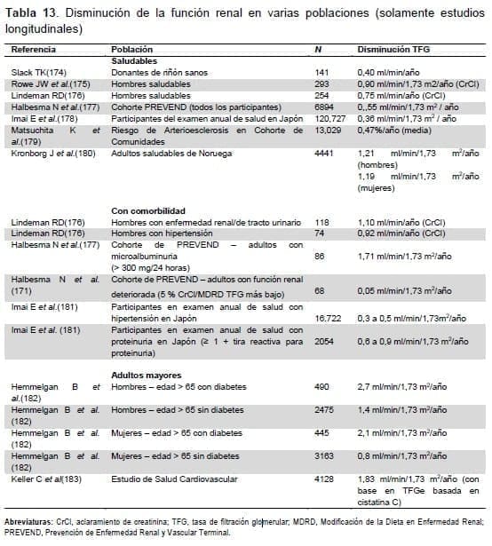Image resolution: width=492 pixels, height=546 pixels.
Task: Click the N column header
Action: pyautogui.click(x=319, y=51)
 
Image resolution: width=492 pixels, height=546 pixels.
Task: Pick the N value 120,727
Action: pyautogui.click(x=330, y=116)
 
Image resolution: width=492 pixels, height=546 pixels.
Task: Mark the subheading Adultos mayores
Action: pyautogui.click(x=147, y=376)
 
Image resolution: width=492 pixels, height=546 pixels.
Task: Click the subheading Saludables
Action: pyautogui.click(x=135, y=60)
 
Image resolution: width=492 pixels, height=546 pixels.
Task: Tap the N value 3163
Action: pyautogui.click(x=326, y=456)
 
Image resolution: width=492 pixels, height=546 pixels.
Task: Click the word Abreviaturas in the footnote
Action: pyautogui.click(x=30, y=523)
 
